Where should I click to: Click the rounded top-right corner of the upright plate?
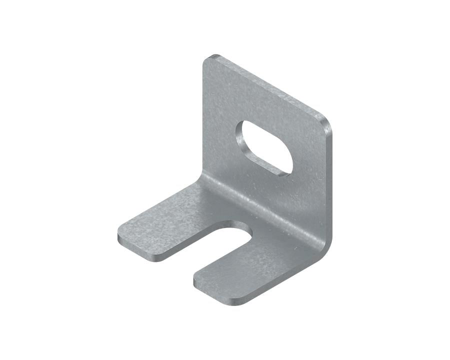click(x=325, y=122)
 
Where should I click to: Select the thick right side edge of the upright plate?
click(x=328, y=190)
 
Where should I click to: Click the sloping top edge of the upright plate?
click(x=265, y=85)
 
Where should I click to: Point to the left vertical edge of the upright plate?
click(x=203, y=120)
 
